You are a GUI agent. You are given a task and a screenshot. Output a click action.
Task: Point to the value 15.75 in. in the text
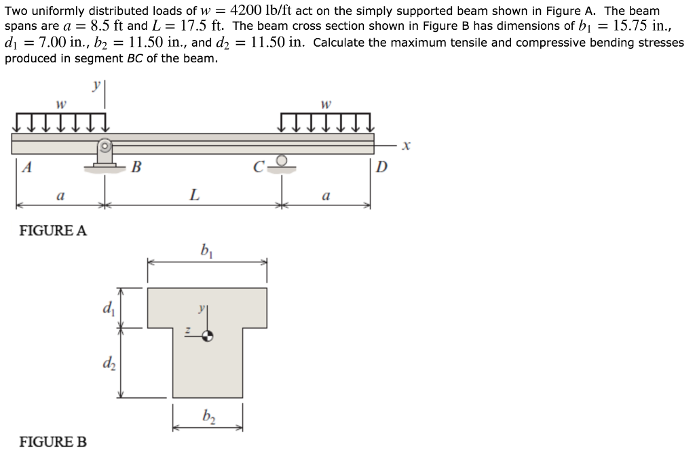click(647, 26)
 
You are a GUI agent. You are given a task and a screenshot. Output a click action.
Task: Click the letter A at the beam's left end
click(26, 167)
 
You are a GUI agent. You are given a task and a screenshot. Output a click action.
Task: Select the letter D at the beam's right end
click(380, 167)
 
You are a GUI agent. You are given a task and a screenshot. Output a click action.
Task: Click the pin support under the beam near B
click(105, 155)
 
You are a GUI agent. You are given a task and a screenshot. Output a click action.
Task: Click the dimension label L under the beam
click(193, 196)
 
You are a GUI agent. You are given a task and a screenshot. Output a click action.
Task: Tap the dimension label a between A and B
click(60, 197)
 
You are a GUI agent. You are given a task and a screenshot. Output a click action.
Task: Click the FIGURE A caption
click(53, 230)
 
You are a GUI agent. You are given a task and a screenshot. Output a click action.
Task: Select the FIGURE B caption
click(53, 442)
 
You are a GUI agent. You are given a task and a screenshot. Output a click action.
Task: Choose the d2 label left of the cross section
click(107, 362)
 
